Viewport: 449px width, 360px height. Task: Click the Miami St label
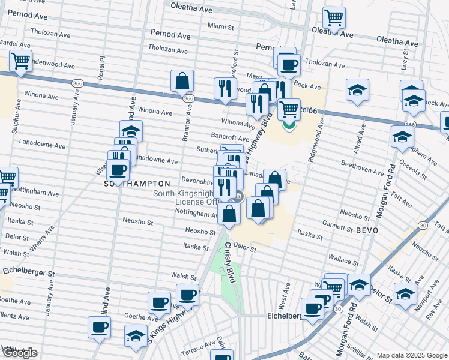(x=220, y=26)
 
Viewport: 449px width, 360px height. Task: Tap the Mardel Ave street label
(x=15, y=44)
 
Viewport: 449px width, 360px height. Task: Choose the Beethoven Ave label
(x=362, y=172)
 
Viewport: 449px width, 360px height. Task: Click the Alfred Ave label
(x=363, y=139)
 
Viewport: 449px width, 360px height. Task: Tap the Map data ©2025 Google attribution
(x=412, y=355)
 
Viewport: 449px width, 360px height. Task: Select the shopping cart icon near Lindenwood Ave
(x=20, y=61)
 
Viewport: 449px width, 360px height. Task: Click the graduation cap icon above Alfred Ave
(x=357, y=91)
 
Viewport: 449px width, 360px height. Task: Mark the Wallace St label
(x=345, y=262)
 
